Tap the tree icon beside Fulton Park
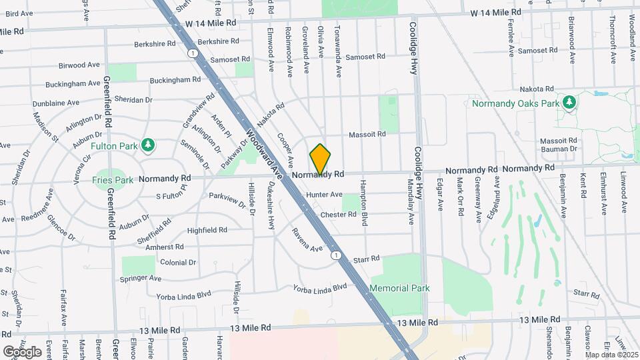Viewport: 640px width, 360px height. [x=148, y=145]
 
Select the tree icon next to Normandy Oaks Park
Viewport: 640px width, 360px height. [x=569, y=102]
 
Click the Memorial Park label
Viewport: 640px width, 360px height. [x=400, y=288]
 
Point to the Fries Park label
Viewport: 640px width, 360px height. [x=111, y=179]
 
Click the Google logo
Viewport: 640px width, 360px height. [x=22, y=351]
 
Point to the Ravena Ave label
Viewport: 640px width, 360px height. [x=307, y=240]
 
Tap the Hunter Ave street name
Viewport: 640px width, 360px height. [x=324, y=195]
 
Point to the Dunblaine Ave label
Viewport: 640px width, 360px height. [x=56, y=103]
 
